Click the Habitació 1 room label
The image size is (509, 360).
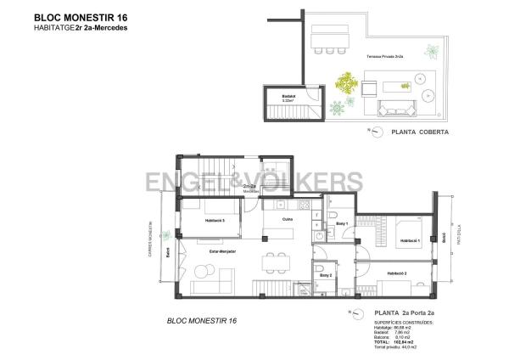point(411,239)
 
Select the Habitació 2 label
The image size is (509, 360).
point(396,273)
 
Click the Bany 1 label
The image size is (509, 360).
point(342,223)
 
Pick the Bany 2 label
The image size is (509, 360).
point(324,275)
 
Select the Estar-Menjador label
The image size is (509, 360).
point(224,251)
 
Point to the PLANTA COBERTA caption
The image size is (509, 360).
point(419,132)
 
